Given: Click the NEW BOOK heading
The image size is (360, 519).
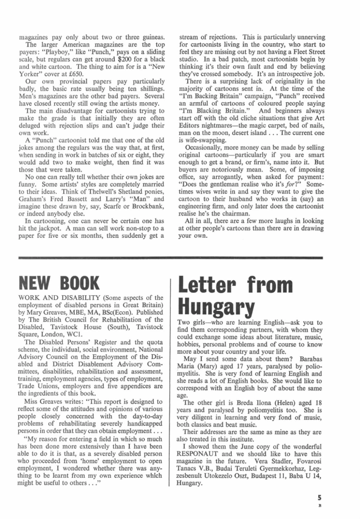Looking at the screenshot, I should point(58,282).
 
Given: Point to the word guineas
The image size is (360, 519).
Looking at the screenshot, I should point(151,38).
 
